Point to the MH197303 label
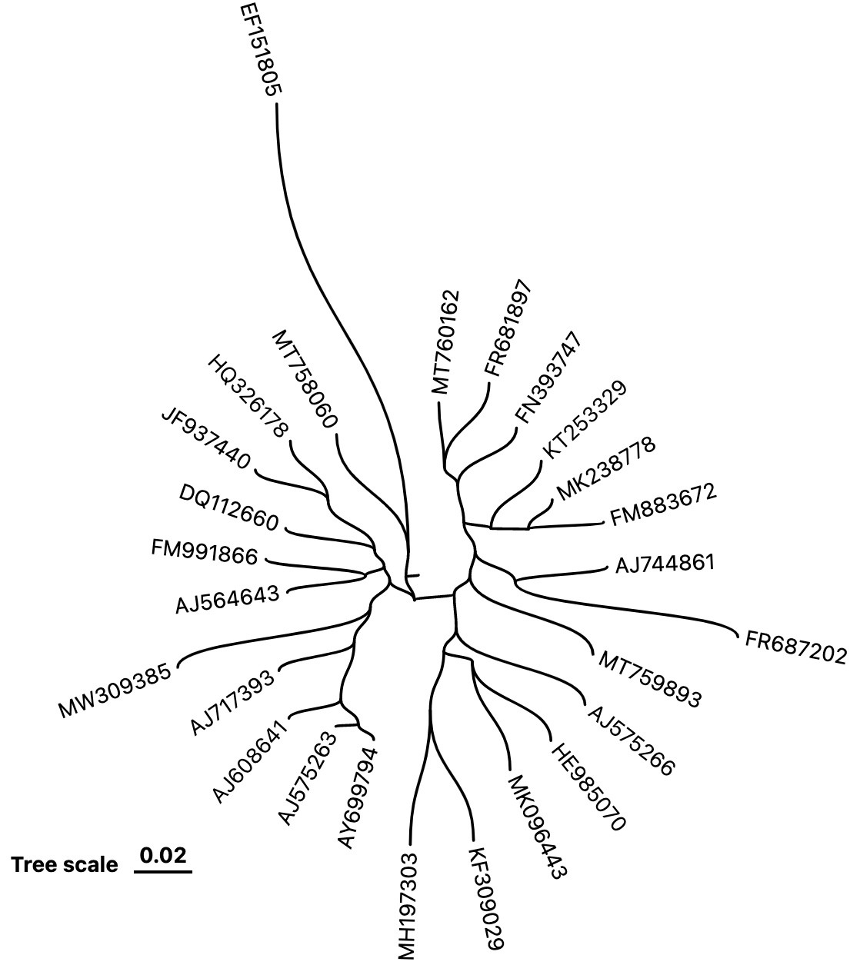(x=407, y=906)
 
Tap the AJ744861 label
(x=665, y=564)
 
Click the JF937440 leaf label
(x=207, y=439)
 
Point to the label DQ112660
(x=228, y=509)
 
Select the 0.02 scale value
(x=163, y=855)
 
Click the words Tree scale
(x=65, y=865)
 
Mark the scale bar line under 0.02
(x=163, y=872)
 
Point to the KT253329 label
(x=585, y=419)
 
